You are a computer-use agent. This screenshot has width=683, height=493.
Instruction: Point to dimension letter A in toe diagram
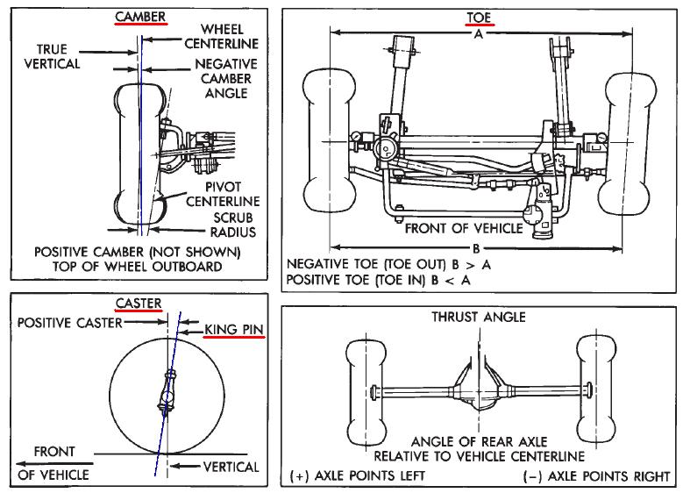[x=477, y=36]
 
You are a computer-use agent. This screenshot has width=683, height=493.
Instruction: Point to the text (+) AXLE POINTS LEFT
[x=356, y=475]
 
